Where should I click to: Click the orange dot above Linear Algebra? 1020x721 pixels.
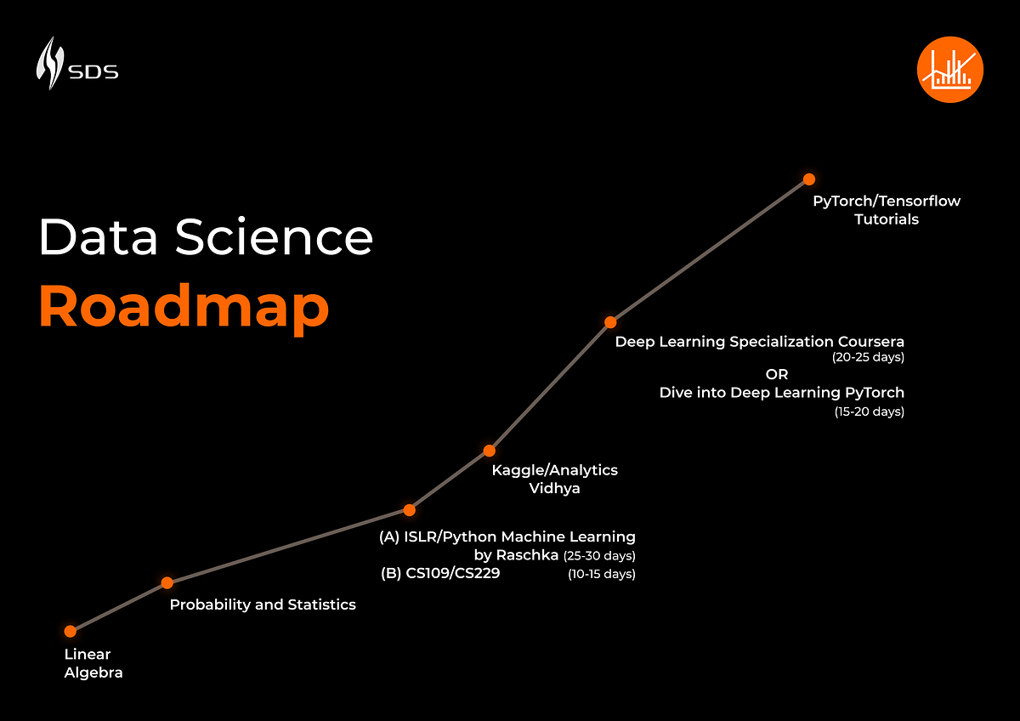71,631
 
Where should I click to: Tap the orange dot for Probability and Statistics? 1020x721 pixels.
167,582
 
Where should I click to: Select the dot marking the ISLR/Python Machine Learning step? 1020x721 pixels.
409,510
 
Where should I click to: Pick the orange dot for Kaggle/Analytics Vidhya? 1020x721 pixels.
490,450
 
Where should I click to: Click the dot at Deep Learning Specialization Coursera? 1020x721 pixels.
610,322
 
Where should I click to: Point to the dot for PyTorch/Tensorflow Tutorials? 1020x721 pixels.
809,179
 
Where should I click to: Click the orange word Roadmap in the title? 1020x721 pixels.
184,308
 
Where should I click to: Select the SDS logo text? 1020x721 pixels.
93,71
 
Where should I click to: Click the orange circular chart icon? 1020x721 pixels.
950,70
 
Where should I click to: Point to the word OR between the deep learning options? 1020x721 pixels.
777,374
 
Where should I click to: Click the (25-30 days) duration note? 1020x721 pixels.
599,556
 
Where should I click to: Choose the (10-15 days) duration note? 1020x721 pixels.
602,575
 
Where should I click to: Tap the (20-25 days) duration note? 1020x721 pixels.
868,358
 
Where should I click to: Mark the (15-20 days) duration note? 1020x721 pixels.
868,412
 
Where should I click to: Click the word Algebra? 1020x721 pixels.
93,673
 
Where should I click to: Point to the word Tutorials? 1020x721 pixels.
887,219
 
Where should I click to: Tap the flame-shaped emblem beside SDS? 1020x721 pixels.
50,63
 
